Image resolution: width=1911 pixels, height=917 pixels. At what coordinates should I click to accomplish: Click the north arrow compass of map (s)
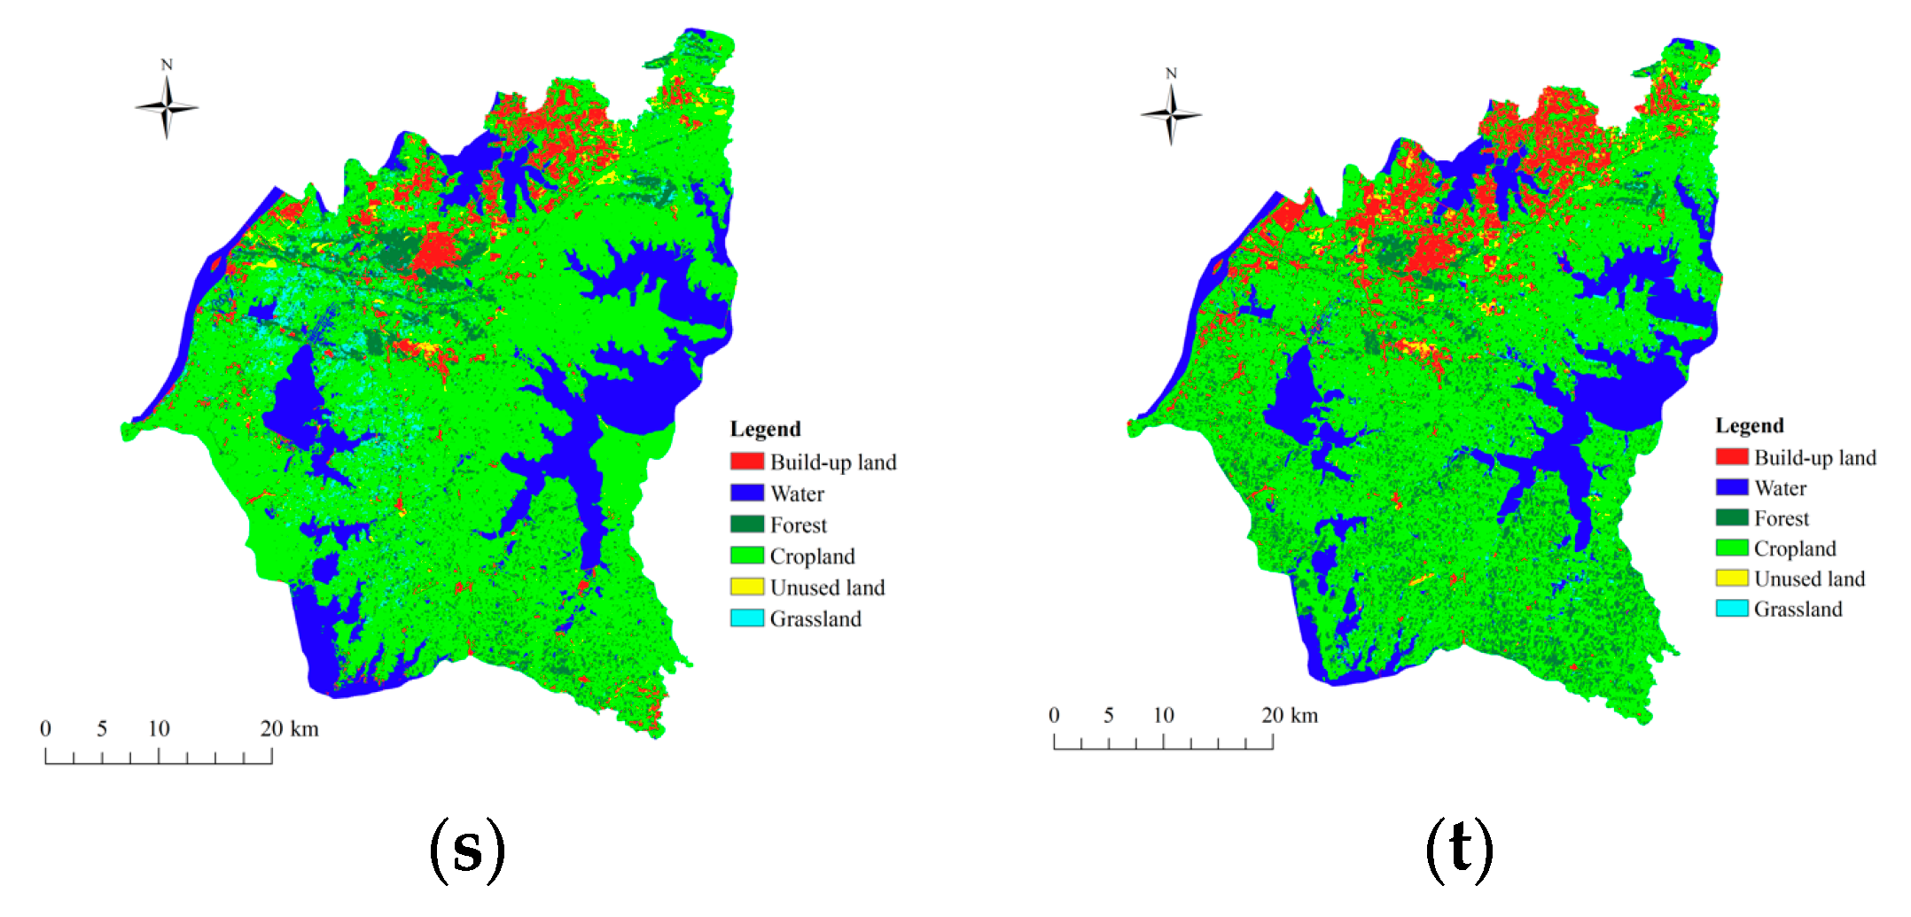[167, 108]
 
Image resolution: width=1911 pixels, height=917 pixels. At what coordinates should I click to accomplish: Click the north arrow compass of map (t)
[1171, 114]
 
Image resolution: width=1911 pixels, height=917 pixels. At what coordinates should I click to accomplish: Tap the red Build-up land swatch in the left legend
[746, 462]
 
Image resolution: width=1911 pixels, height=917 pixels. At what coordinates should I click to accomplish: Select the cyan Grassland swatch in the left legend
[746, 618]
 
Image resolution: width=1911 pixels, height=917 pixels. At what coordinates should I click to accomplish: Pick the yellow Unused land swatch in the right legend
[1731, 579]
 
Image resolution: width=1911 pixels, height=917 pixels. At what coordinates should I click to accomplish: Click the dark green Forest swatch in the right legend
[1731, 518]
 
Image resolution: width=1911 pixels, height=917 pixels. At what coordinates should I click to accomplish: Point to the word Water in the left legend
[797, 493]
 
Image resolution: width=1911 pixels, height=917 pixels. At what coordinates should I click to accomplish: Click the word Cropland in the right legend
[1794, 548]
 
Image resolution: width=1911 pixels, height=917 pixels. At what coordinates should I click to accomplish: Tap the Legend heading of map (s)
[765, 429]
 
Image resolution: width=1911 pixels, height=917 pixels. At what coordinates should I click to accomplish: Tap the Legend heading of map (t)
[1749, 425]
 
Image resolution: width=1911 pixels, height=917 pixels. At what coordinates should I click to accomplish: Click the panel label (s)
[467, 849]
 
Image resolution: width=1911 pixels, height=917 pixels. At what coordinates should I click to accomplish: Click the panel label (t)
[1459, 849]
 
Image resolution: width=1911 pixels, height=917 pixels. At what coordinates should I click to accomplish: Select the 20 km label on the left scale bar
[289, 729]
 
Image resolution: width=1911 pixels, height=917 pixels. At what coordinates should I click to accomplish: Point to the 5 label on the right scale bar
[1108, 715]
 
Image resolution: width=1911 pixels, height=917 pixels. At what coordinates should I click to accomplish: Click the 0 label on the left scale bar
[45, 729]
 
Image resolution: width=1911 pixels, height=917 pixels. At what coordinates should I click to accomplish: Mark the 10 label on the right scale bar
[1163, 715]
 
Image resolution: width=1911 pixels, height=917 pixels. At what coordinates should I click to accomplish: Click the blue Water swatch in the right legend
[1731, 487]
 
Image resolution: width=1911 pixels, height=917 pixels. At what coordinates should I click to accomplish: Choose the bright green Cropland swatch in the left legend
[746, 556]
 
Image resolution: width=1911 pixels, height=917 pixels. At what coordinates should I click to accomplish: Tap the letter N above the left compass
[167, 65]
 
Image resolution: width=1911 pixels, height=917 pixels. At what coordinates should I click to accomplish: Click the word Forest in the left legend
[798, 525]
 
